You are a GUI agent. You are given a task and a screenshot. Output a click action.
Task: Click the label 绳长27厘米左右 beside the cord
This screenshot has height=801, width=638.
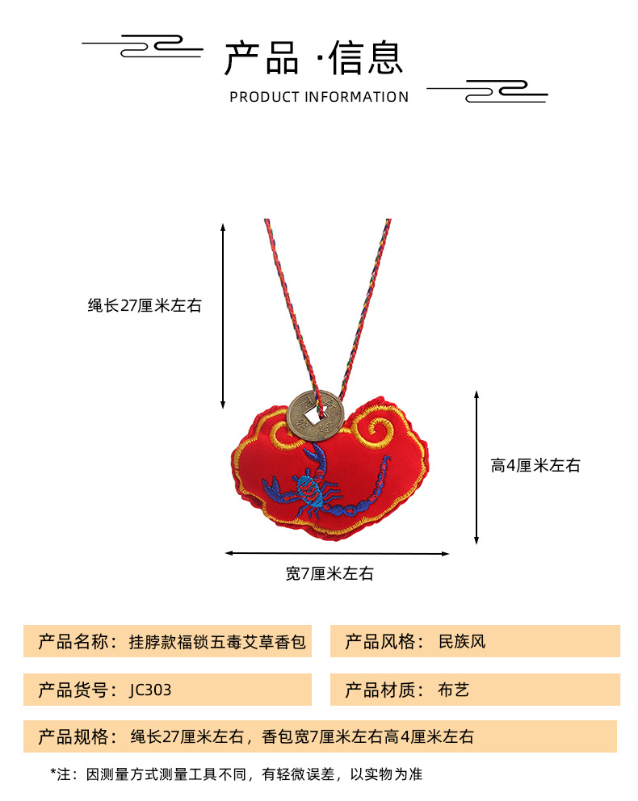[x=145, y=306]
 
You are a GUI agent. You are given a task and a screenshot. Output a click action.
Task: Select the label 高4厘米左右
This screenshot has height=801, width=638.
[x=535, y=465]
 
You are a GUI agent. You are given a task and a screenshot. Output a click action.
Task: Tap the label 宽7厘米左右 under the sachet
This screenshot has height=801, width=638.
[x=329, y=574]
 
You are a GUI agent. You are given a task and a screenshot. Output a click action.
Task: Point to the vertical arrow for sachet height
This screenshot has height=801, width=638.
[x=477, y=467]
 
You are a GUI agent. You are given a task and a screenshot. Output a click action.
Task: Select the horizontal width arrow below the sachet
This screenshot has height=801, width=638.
[x=337, y=553]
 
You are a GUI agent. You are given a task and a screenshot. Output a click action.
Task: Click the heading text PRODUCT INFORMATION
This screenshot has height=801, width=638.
[x=319, y=97]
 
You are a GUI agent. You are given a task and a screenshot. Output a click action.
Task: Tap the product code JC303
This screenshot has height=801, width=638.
[x=150, y=690]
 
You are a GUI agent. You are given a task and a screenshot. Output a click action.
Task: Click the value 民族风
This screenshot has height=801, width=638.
[x=462, y=642]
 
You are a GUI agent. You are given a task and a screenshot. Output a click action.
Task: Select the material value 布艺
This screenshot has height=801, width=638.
[x=453, y=690]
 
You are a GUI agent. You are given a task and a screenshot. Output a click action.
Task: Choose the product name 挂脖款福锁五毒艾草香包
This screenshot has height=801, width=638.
[x=218, y=642]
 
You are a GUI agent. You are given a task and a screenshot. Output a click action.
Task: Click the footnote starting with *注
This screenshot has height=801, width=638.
[x=237, y=774]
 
